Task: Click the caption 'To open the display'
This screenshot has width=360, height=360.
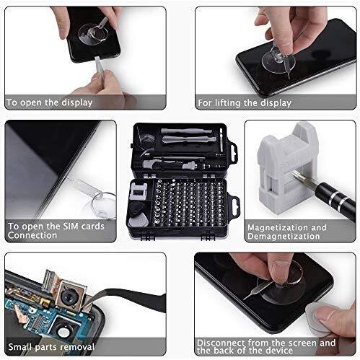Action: tap(49, 102)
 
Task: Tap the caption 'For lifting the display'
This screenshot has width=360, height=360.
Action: tap(245, 103)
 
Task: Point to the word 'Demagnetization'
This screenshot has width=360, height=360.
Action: tap(284, 236)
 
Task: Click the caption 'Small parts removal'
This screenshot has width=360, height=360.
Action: tap(51, 347)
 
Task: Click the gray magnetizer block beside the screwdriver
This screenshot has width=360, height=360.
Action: tap(288, 168)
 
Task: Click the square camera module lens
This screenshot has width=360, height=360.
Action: tap(71, 295)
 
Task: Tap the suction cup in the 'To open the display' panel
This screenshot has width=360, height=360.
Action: tap(93, 34)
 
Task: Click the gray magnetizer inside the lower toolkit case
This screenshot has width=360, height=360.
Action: tap(138, 191)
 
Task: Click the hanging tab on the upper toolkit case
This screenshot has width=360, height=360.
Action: tap(233, 153)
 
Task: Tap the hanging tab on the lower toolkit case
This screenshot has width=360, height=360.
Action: tap(234, 206)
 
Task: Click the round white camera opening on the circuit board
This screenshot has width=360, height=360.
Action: tap(63, 332)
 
